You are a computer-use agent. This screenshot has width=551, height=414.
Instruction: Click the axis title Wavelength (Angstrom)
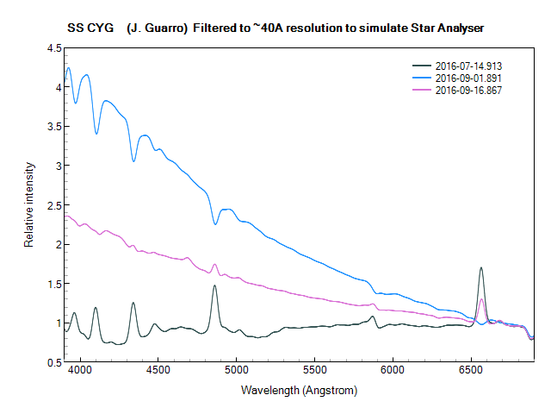(299, 391)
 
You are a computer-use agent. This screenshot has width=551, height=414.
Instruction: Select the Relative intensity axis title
(28, 205)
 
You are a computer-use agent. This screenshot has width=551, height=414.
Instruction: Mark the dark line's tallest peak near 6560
(481, 267)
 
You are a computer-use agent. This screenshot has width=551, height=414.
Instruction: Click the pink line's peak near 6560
(482, 299)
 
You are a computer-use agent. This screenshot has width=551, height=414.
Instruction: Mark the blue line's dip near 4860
(215, 224)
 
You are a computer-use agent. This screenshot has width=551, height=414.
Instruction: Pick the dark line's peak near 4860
(214, 285)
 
